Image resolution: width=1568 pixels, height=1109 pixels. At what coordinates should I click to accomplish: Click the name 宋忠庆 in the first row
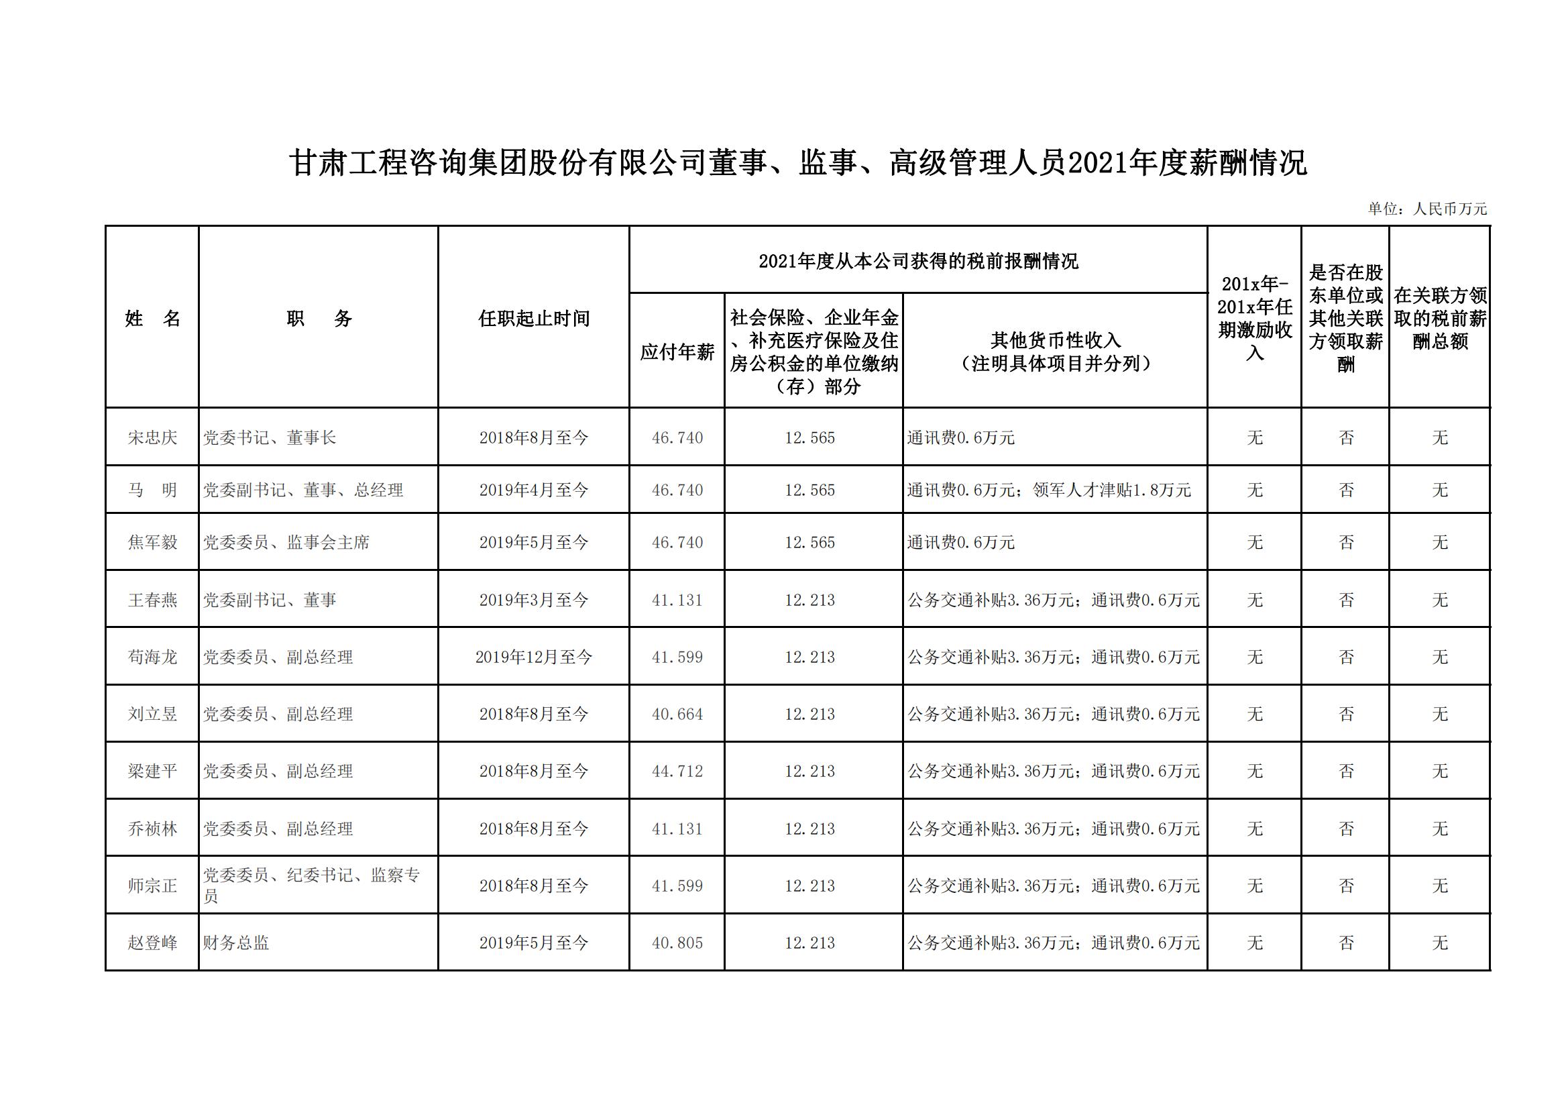(x=152, y=437)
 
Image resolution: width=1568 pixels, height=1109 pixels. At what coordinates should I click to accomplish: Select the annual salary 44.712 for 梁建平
(x=677, y=772)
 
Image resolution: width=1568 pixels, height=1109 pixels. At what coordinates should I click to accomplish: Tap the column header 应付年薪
(x=677, y=352)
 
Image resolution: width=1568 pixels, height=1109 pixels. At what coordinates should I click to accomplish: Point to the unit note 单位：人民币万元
(x=1426, y=209)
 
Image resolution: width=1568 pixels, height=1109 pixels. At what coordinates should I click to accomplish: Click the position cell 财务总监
(x=236, y=943)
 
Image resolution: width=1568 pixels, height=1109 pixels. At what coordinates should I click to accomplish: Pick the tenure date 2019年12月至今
(x=533, y=657)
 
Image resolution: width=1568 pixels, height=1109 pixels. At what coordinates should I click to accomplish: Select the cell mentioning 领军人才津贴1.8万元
(x=1111, y=490)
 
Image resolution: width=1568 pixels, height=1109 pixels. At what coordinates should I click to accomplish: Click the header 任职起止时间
(x=533, y=319)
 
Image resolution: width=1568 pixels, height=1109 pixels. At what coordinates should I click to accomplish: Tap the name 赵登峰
(x=152, y=943)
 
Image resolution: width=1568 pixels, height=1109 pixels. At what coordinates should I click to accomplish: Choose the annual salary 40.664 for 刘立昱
(x=677, y=714)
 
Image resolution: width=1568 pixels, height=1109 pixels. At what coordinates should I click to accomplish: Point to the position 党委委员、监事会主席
(x=286, y=543)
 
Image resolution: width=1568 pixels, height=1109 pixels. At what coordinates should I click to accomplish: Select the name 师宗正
(x=152, y=886)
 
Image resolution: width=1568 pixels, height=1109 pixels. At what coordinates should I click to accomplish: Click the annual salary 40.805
(x=677, y=943)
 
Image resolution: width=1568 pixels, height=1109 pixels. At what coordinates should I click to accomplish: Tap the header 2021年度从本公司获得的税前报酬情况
(x=918, y=262)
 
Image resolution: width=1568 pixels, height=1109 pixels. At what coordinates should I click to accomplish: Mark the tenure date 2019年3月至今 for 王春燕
(x=533, y=600)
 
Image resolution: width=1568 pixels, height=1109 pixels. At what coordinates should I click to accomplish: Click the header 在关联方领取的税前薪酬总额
(x=1440, y=319)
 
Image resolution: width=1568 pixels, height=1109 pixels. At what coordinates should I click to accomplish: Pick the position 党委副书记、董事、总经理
(x=303, y=490)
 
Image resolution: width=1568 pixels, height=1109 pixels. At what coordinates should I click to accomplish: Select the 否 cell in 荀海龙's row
(x=1345, y=657)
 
